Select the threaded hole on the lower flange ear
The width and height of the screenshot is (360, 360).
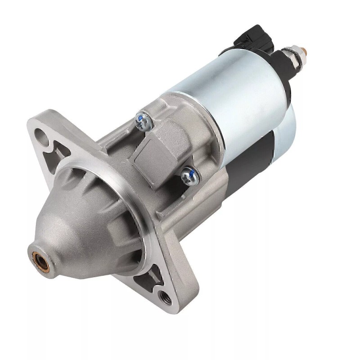163,296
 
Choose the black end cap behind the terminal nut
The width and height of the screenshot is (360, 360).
283,72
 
